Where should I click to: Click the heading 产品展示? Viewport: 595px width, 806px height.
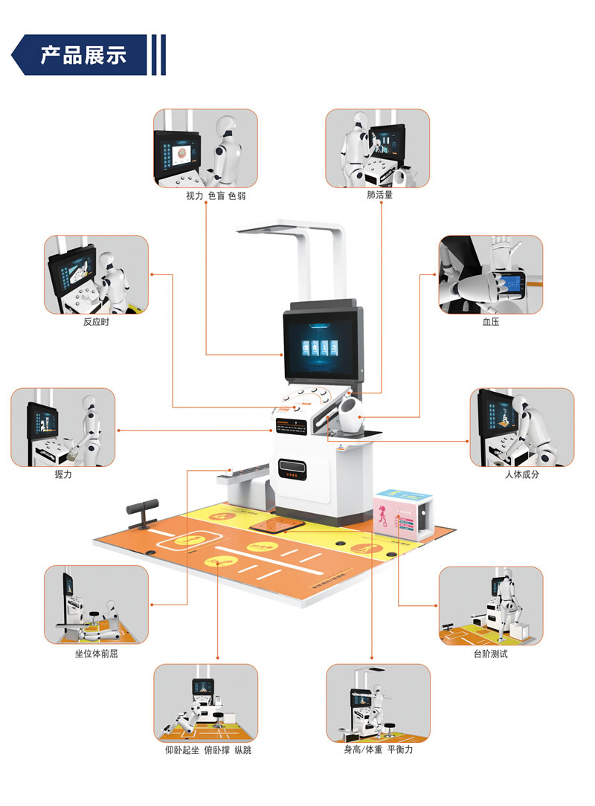83,54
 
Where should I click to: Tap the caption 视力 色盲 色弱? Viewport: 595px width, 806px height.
216,196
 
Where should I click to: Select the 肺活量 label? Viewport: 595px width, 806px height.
379,196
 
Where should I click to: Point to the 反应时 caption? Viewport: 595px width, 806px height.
96,323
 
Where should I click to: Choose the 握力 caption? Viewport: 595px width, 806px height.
63,474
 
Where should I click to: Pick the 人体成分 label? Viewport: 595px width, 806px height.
521,474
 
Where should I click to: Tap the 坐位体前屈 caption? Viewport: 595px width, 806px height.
96,654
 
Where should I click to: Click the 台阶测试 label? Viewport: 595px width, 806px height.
490,654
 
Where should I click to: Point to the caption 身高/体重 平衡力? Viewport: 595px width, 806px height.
378,750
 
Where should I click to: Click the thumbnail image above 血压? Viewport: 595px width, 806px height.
490,274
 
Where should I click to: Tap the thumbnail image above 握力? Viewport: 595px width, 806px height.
63,427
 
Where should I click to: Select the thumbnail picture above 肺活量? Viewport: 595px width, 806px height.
378,148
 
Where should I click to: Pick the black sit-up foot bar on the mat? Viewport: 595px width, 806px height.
144,510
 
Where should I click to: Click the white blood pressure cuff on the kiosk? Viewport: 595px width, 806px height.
350,414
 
